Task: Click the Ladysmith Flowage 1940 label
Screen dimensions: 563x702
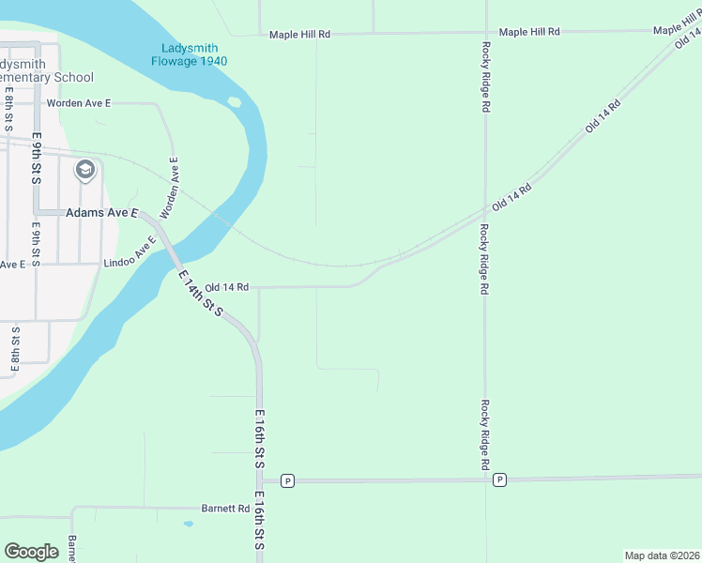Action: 190,54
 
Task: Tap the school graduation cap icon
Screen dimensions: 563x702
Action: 85,170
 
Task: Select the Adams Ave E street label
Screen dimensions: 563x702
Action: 100,213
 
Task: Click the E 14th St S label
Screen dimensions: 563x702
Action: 201,293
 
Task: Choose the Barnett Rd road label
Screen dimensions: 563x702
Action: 225,509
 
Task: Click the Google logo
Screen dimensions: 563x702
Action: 32,552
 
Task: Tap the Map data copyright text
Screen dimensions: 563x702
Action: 662,555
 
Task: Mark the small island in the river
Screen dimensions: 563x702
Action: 234,101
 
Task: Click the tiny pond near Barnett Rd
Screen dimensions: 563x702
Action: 189,524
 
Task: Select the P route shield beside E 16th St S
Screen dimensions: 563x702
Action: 287,480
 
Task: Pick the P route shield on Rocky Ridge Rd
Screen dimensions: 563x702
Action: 499,480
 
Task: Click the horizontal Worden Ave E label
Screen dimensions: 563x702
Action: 80,103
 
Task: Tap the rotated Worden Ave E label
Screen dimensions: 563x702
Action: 170,188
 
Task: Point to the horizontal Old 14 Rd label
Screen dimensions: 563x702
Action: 226,287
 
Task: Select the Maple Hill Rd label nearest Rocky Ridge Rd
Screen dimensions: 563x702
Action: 529,32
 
